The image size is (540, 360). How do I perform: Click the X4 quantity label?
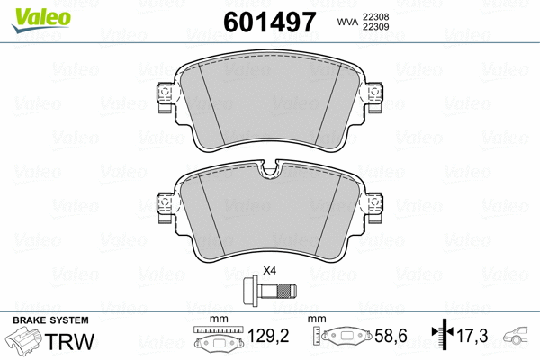point(268,271)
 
